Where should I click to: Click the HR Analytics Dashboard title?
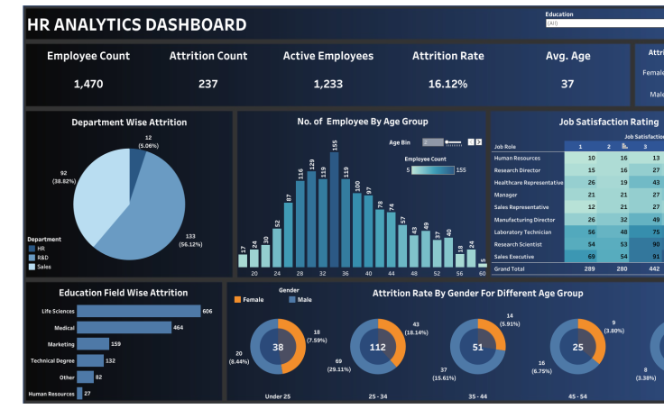click(x=137, y=25)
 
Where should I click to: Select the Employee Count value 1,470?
click(x=88, y=84)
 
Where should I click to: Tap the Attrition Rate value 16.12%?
click(x=447, y=84)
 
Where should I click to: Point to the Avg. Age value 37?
click(x=567, y=84)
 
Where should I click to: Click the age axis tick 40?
click(x=368, y=272)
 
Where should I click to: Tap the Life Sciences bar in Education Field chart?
click(x=138, y=311)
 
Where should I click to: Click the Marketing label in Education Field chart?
click(x=60, y=344)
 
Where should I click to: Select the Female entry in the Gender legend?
click(x=250, y=300)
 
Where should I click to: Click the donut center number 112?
click(x=378, y=347)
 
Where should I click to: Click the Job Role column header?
click(x=505, y=146)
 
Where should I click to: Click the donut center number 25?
click(x=578, y=347)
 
